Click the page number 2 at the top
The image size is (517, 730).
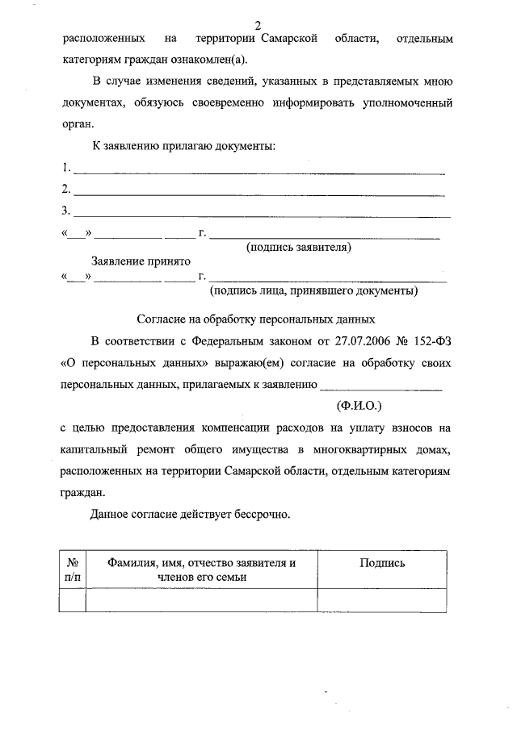pyautogui.click(x=258, y=26)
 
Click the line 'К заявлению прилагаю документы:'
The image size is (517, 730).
pyautogui.click(x=183, y=146)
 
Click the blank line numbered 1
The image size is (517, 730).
pyautogui.click(x=258, y=171)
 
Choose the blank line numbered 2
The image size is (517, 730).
pyautogui.click(x=258, y=192)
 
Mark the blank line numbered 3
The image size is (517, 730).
pyautogui.click(x=260, y=214)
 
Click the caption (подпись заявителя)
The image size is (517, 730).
pyautogui.click(x=298, y=248)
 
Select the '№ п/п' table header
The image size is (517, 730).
pyautogui.click(x=72, y=569)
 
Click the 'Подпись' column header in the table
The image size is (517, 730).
pyautogui.click(x=381, y=563)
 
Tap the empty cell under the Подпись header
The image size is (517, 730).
pyautogui.click(x=381, y=600)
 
